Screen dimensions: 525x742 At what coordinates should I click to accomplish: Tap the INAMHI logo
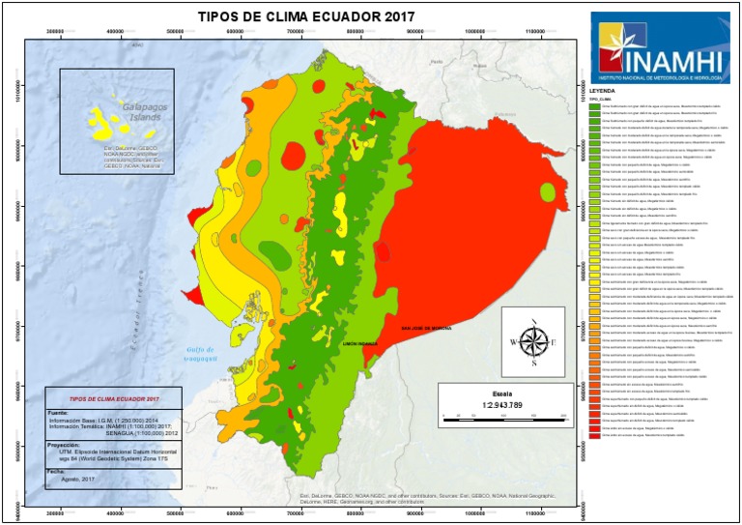[660, 47]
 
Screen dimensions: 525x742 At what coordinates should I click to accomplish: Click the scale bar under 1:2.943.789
[501, 417]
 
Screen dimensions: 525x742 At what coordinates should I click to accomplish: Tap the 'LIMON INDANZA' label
[359, 342]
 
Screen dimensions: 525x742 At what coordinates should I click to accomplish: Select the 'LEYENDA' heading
[603, 89]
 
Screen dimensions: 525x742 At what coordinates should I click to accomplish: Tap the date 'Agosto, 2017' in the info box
[77, 479]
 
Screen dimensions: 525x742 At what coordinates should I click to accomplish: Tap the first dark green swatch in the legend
[594, 104]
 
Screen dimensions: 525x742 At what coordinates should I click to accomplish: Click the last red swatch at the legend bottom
[594, 436]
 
